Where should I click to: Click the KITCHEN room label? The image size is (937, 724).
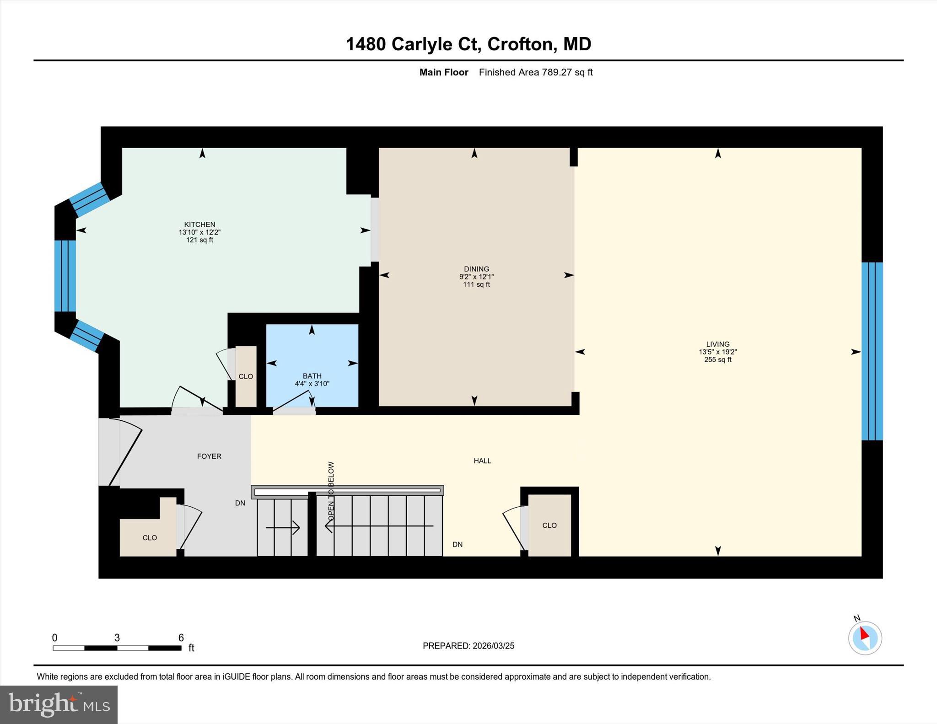[199, 225]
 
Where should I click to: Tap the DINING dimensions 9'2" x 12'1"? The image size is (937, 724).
[476, 277]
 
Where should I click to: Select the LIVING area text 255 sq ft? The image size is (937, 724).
[717, 359]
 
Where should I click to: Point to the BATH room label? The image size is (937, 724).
[312, 376]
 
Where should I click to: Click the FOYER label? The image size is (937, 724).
[209, 456]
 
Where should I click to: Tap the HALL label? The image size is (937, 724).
[482, 461]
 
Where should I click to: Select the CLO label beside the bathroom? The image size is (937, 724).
[246, 376]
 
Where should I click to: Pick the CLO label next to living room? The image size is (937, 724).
[549, 525]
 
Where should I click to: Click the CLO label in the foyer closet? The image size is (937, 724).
[150, 537]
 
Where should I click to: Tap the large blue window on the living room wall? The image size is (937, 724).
[872, 351]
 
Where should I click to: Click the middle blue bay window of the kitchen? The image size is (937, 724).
[65, 276]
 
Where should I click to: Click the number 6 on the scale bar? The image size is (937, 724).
[181, 638]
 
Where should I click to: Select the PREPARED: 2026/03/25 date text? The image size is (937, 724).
[468, 646]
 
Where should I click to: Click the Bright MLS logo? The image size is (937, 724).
[59, 704]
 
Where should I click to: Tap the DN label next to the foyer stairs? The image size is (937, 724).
[240, 503]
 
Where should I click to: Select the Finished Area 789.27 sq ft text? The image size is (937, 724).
[535, 72]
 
